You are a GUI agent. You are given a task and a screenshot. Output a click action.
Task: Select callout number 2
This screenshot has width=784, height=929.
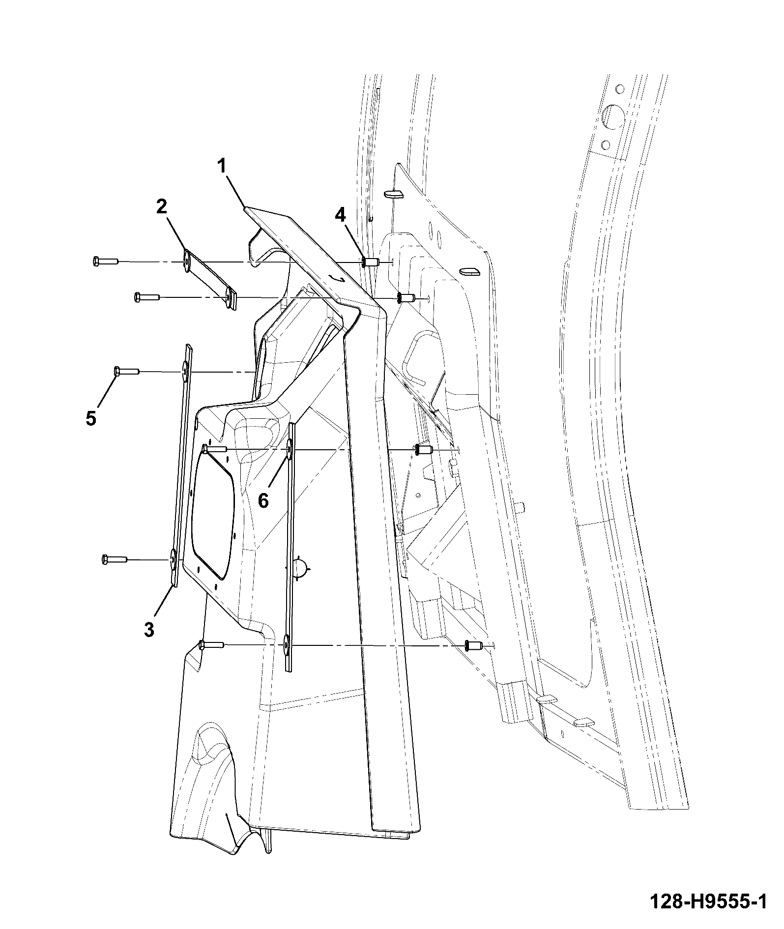[162, 207]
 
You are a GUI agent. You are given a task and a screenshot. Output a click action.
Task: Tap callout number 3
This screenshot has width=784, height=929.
[149, 629]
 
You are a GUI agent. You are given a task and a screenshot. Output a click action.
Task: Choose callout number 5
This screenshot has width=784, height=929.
[91, 418]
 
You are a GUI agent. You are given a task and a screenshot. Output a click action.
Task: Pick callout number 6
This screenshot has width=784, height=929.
[263, 501]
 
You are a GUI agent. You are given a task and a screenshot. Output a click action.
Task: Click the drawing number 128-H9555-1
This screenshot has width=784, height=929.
[708, 901]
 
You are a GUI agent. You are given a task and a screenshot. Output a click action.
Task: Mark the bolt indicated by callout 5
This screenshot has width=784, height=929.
[127, 372]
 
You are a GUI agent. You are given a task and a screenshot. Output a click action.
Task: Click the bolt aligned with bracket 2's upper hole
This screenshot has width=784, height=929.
[105, 261]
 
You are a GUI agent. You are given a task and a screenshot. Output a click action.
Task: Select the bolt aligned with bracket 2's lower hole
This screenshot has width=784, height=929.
[146, 297]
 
